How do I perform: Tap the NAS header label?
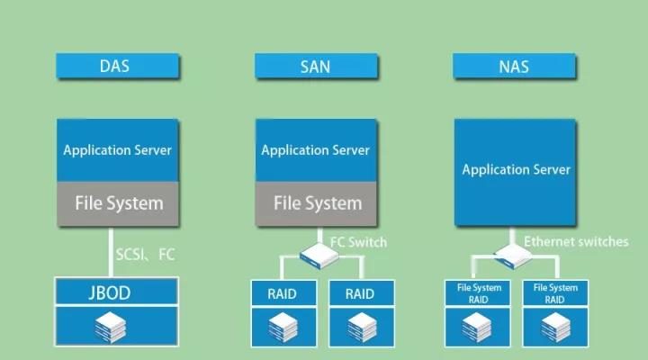tap(516, 66)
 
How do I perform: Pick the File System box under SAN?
tap(316, 202)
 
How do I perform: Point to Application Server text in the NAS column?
tap(516, 169)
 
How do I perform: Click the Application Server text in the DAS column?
tap(117, 150)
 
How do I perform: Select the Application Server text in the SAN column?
tap(316, 150)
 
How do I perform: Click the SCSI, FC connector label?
tap(146, 255)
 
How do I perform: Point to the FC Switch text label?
tap(358, 242)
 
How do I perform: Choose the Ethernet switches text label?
tap(576, 242)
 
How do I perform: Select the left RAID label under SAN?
tap(282, 293)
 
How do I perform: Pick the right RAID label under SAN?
tap(360, 293)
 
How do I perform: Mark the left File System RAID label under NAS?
tap(479, 293)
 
